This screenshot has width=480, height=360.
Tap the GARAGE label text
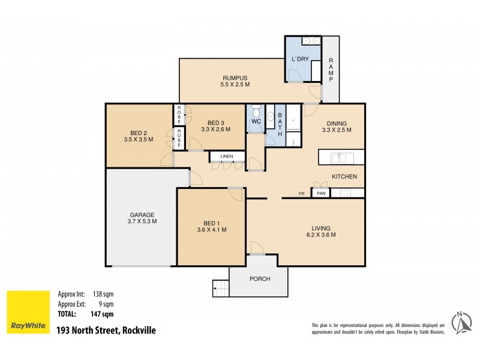pos(142,215)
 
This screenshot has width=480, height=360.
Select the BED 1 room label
pos(211,223)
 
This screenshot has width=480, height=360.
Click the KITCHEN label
pos(345,176)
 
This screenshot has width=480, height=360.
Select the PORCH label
pos(260,279)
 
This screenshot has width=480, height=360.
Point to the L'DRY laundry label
pos(299,59)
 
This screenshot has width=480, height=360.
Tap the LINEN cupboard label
pos(227,157)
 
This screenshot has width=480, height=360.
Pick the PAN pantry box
pos(321,193)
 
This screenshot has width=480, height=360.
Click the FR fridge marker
pos(302,194)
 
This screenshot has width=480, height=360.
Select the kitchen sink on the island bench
pos(339,158)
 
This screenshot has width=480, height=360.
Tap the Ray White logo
pos(28,313)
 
